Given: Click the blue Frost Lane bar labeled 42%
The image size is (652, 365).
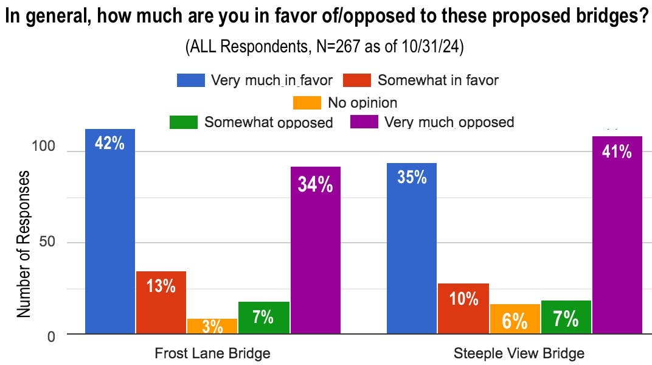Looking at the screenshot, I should point(109,231).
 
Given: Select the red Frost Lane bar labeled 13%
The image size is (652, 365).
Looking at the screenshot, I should point(161,302).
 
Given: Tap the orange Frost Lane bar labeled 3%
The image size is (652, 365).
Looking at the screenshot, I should point(212,326).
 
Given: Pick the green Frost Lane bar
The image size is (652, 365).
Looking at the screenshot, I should point(263,318).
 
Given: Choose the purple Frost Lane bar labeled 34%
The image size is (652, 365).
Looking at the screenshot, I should point(315,250).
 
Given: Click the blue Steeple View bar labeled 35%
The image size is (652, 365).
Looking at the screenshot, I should point(411,248).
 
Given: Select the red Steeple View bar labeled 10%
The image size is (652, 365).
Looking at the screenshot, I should point(463,308).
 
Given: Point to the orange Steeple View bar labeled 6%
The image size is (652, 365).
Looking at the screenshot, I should point(515,319).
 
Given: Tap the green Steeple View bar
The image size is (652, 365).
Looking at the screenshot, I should point(566,317).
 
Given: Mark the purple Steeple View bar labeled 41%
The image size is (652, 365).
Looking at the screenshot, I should point(617,235).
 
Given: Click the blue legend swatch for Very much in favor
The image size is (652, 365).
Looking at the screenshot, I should point(191,80).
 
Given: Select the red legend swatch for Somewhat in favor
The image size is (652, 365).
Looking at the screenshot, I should point(357,80).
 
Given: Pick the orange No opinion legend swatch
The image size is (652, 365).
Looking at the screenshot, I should point(307,102).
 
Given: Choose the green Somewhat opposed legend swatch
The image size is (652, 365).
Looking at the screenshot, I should point(184,122).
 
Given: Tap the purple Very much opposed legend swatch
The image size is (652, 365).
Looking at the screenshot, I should point(364,122).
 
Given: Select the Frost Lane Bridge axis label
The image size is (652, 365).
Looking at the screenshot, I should point(212,353).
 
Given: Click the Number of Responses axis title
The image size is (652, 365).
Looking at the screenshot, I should point(23,243).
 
